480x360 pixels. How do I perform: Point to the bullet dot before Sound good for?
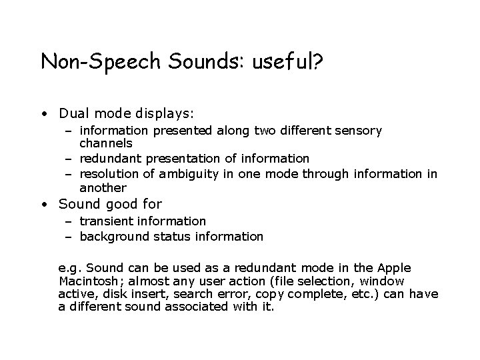[x=43, y=204]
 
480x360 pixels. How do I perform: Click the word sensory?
[x=359, y=131]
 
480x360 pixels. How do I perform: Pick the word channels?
[x=106, y=143]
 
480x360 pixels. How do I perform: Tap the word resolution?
[x=110, y=175]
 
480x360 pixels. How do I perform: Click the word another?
[x=103, y=187]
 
